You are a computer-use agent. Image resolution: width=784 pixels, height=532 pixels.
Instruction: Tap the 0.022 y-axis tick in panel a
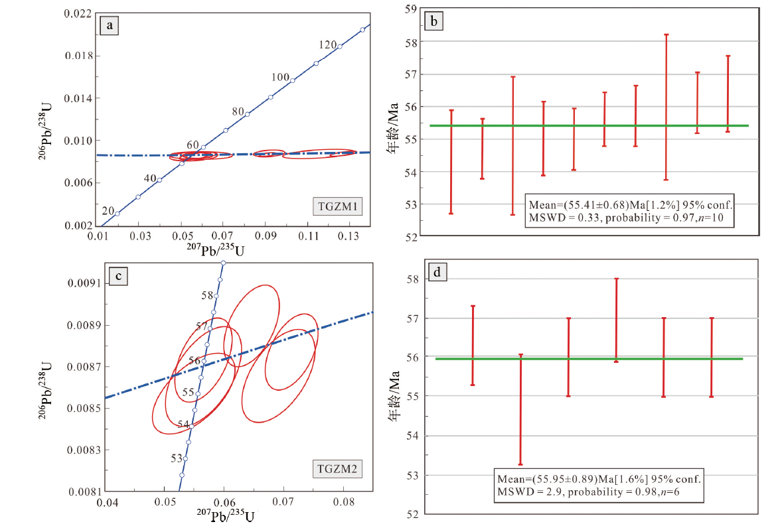78,13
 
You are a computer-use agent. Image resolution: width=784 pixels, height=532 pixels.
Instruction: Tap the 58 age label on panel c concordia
207,295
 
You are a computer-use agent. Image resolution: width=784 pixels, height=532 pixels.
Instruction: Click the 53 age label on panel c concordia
177,458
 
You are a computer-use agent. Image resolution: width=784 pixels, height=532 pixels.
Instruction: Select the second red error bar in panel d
521,409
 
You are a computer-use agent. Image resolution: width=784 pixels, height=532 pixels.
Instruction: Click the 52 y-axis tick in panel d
412,514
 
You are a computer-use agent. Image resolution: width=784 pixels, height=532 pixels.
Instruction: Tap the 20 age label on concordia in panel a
108,211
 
